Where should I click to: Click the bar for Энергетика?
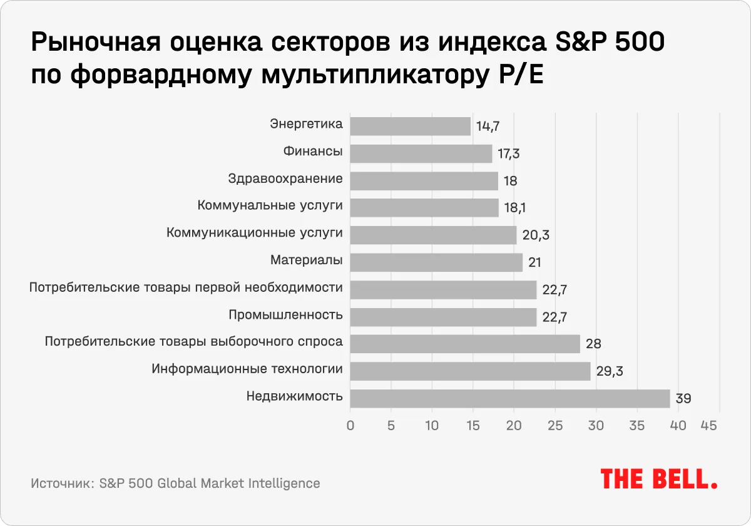tap(410, 126)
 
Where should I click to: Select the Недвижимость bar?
tap(509, 398)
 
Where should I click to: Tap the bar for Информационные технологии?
tap(470, 371)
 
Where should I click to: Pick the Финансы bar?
tap(421, 153)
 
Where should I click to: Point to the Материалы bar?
tap(436, 262)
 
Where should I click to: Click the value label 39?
tap(683, 399)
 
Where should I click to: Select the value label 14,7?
tap(488, 126)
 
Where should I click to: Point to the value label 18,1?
tap(516, 208)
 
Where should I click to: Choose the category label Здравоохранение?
tap(286, 178)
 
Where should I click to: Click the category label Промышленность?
tap(286, 314)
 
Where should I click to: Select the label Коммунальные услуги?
tap(270, 205)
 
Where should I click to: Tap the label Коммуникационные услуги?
tap(255, 233)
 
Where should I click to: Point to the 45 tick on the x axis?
tap(708, 426)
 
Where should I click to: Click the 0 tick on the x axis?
tap(350, 426)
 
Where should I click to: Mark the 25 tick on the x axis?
tap(555, 426)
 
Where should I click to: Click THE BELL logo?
tap(659, 479)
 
